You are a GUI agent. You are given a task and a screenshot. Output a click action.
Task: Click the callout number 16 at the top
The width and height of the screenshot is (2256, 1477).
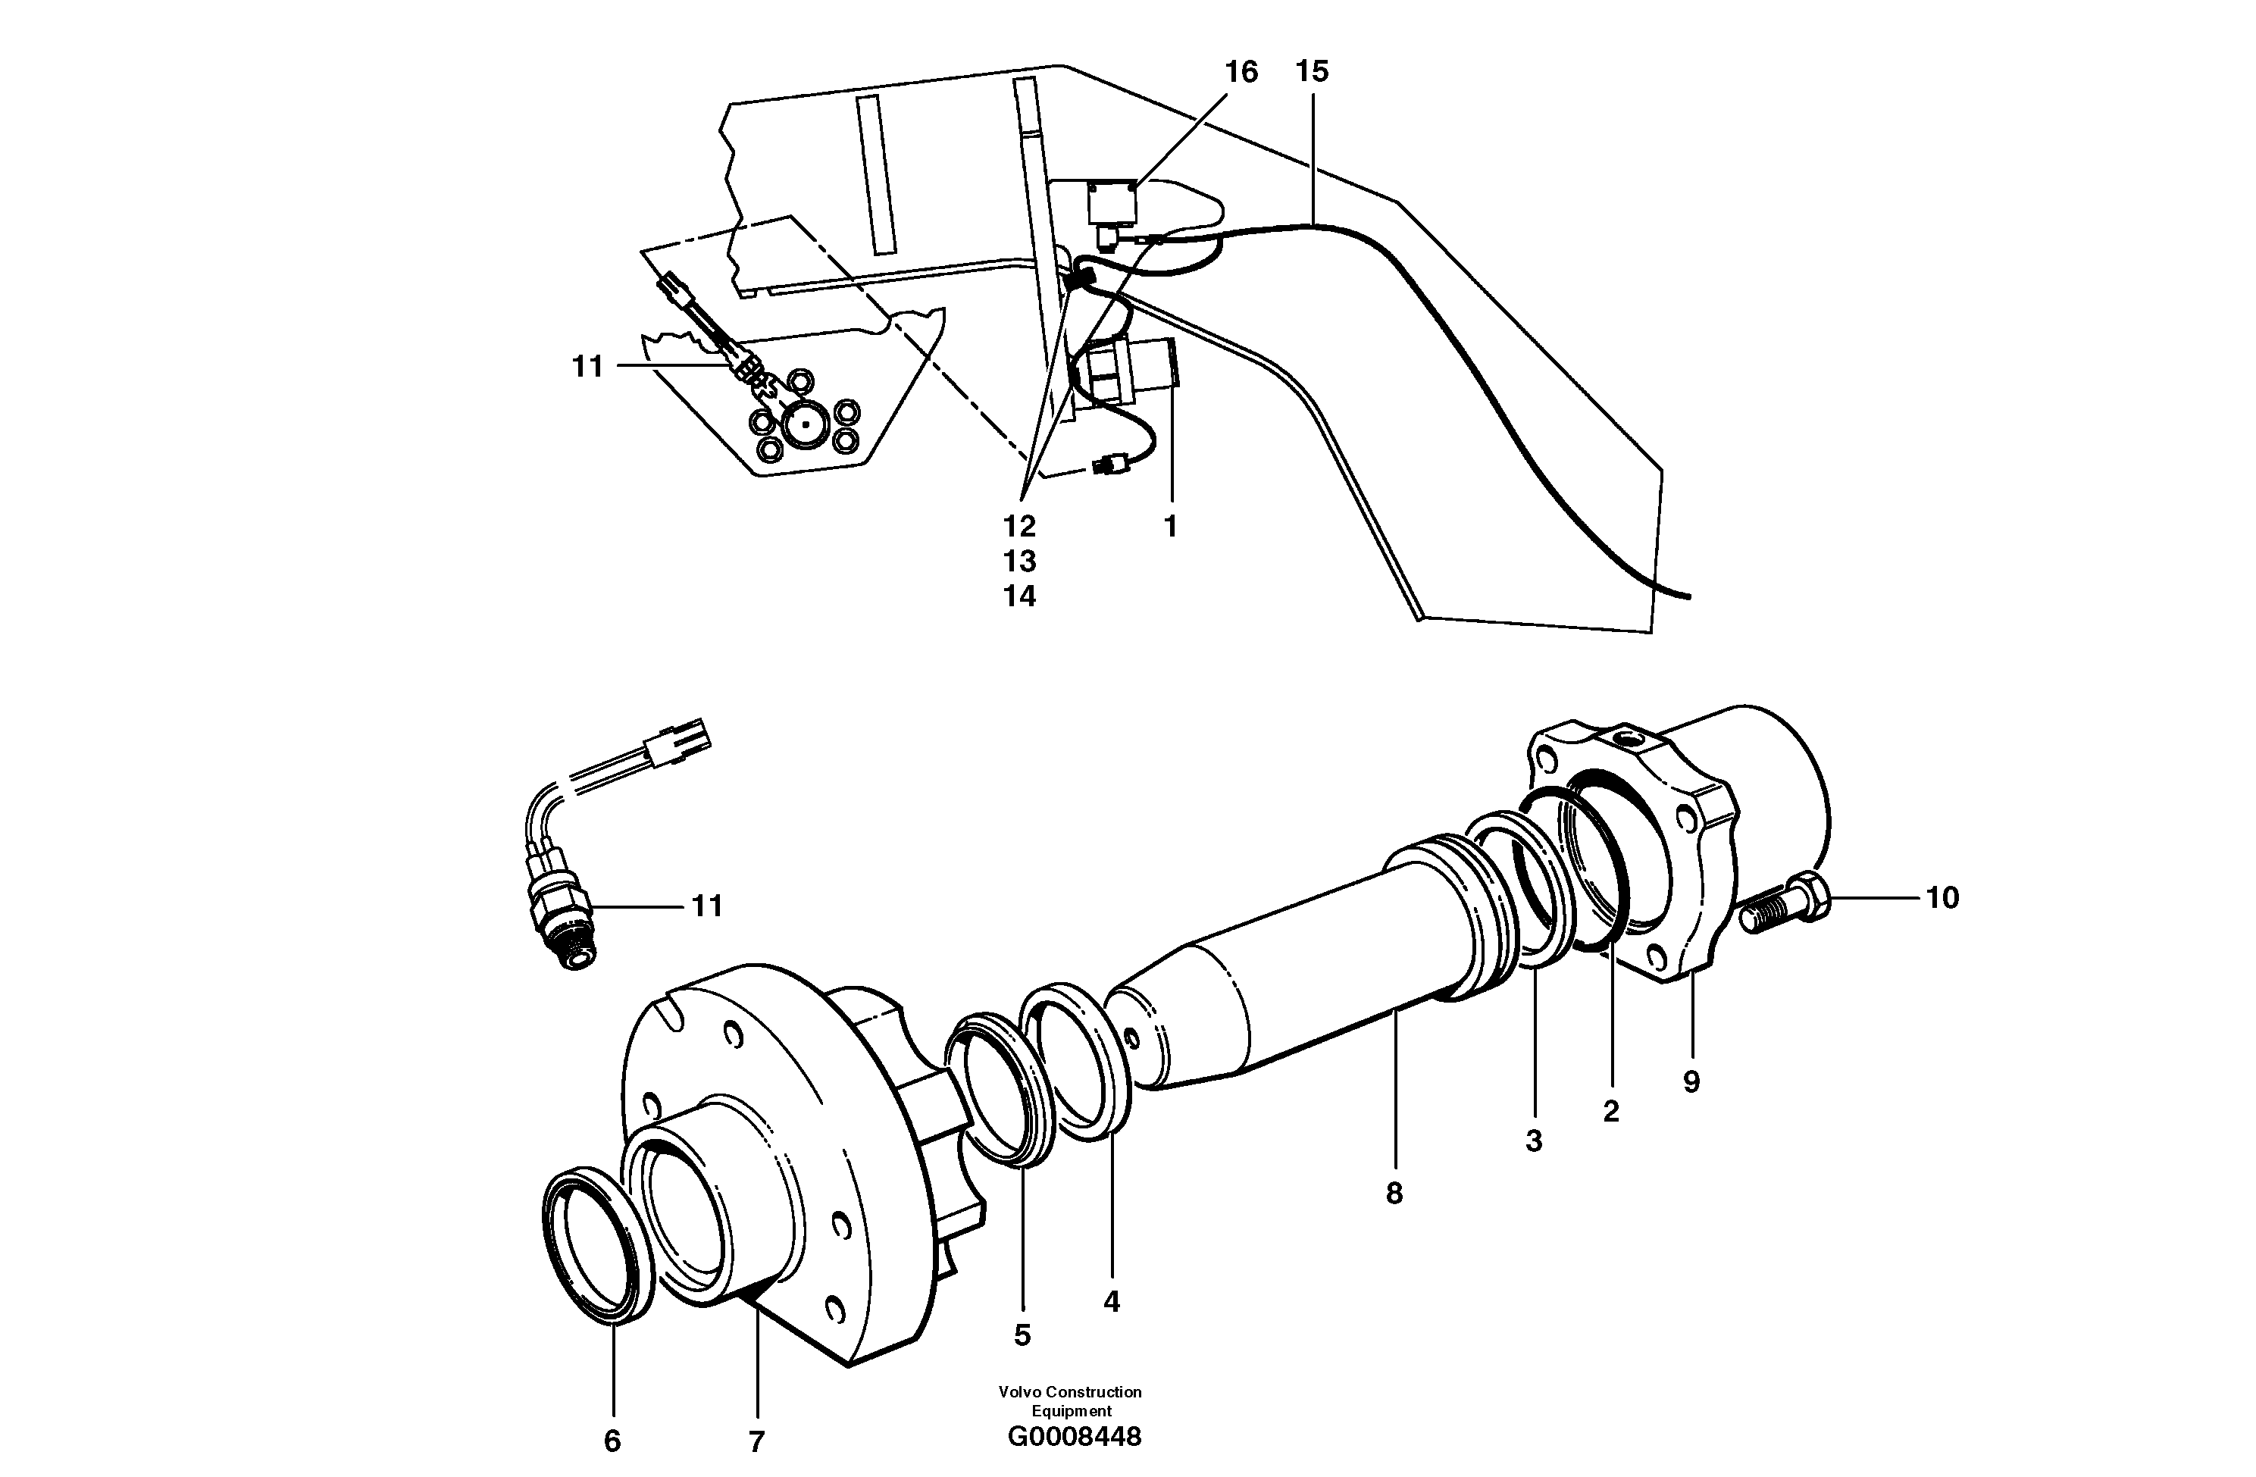point(1240,72)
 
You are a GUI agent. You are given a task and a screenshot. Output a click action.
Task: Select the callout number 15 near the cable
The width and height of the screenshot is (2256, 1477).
point(1312,71)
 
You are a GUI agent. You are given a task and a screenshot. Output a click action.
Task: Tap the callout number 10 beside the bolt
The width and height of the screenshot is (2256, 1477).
point(1942,898)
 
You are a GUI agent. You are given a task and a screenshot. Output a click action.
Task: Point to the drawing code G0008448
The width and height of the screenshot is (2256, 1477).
point(1074,1437)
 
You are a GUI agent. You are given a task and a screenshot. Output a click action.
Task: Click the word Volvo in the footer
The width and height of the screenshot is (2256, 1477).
point(1020,1391)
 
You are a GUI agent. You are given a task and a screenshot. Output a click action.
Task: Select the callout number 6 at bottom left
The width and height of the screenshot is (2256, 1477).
point(612,1441)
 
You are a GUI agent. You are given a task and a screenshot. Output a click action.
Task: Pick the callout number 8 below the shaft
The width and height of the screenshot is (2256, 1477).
point(1394,1194)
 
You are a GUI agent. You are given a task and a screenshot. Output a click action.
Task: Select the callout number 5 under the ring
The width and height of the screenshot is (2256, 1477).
point(1022,1335)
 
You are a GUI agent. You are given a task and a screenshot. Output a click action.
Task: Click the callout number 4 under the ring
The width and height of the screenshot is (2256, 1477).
point(1111,1302)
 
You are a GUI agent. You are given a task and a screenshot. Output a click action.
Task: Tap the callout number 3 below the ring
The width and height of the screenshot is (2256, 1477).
point(1534,1141)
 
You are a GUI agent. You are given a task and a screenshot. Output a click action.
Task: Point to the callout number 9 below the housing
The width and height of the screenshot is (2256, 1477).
point(1691,1081)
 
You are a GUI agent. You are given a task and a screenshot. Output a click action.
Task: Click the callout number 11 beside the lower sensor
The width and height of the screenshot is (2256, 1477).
point(707,906)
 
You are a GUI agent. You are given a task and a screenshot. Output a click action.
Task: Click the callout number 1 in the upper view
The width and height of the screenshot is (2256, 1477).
point(1170,526)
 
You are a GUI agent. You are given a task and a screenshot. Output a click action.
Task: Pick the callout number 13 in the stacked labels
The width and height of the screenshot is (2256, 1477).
point(1020,562)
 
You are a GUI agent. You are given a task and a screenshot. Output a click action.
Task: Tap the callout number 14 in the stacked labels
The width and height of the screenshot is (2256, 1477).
point(1020,596)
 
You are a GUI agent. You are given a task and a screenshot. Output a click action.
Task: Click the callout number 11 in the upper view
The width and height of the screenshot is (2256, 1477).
point(588,366)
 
